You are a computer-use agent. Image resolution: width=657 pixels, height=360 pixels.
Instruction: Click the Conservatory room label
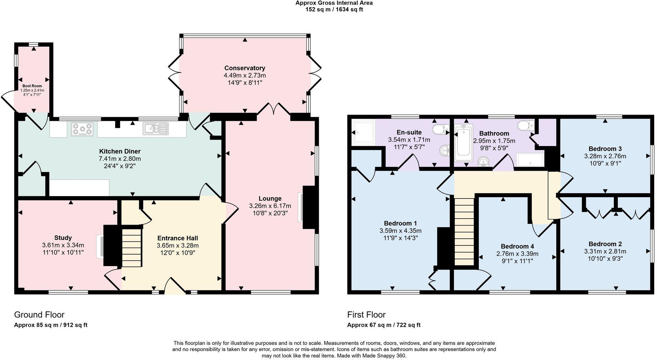(245, 68)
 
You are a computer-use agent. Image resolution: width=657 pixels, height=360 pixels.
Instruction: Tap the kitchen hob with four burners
(82, 129)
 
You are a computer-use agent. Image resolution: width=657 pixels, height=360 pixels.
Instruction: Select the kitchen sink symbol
(156, 129)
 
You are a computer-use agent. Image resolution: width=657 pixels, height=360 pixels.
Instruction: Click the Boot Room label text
(32, 86)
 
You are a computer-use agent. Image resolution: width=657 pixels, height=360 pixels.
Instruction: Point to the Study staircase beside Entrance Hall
(131, 247)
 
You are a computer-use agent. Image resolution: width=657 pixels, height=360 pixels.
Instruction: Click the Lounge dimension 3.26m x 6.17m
(270, 206)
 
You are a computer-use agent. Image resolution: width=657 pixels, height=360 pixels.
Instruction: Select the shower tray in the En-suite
(363, 132)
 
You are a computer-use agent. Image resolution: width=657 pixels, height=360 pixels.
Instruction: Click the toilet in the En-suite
(441, 129)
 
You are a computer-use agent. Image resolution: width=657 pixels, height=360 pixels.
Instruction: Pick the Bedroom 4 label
(517, 246)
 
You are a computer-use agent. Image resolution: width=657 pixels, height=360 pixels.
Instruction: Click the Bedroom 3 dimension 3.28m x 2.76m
(605, 156)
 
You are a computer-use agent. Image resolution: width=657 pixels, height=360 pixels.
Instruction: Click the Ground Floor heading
(39, 315)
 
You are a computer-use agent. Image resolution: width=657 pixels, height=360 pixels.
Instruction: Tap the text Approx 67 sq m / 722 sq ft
(383, 325)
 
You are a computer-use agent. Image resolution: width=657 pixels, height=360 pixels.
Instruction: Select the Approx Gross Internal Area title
(334, 3)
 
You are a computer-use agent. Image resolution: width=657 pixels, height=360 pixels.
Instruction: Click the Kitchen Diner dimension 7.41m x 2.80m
(120, 159)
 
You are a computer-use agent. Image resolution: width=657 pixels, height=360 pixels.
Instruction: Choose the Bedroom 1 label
(400, 224)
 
